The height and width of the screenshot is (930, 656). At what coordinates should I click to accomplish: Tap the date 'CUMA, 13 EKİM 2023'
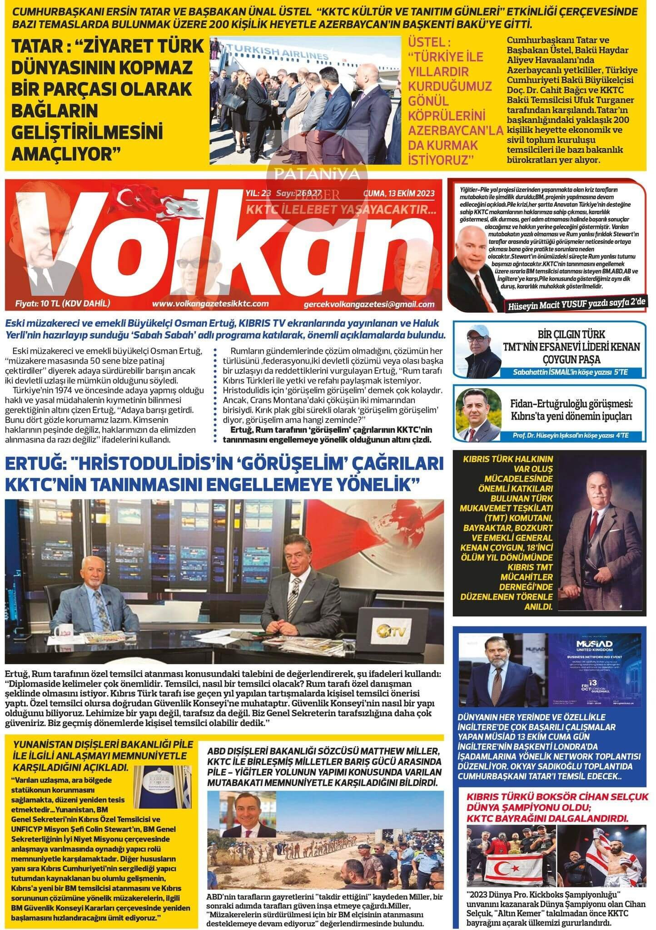pyautogui.click(x=398, y=193)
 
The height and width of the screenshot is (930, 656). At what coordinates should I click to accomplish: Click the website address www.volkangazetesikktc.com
pyautogui.click(x=210, y=304)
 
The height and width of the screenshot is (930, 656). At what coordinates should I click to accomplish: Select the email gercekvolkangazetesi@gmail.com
pyautogui.click(x=370, y=305)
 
